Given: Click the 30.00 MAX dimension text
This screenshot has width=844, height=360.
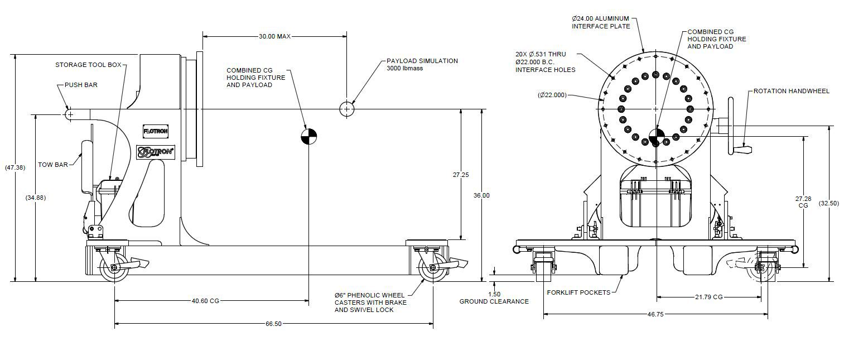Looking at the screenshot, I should pos(274,36).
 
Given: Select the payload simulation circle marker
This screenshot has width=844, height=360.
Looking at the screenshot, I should pos(347,109).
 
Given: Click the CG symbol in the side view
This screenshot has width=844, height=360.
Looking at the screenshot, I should pos(308,136).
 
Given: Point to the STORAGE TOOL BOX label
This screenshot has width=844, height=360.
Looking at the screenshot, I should pos(88,65).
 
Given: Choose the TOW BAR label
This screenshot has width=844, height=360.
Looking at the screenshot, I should pos(53,165).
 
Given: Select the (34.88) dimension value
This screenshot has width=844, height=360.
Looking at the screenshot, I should pos(35,198).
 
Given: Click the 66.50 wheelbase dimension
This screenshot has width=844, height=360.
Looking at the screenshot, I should pos(274,323).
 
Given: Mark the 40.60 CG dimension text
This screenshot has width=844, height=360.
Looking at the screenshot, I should pos(205,301).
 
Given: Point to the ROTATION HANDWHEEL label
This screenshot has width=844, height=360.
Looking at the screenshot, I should pos(791,91).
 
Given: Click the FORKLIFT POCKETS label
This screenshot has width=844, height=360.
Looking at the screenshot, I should pos(578,292).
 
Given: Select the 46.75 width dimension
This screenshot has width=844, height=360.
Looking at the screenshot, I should pos(655,314).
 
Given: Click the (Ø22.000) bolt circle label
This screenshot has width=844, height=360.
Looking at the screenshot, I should pos(552,95).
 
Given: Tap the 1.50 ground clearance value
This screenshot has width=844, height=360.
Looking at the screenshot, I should pos(494,294).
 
